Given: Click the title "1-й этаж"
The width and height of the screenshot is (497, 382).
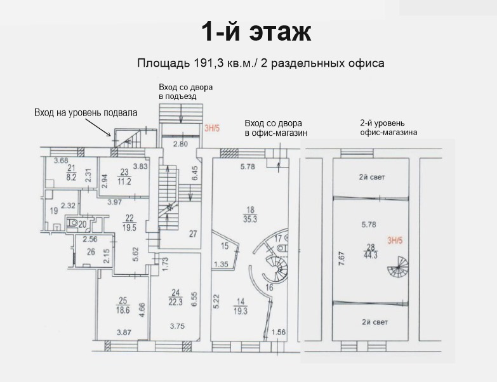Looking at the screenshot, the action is pos(256,32).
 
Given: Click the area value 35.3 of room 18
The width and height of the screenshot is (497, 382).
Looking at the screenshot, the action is pos(250,218).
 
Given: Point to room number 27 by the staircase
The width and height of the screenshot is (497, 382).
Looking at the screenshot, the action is pos(193,234).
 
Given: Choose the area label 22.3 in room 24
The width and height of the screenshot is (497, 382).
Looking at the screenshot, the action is pos(175,302).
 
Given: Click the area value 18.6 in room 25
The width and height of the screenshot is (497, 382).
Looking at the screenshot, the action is pos(123,310).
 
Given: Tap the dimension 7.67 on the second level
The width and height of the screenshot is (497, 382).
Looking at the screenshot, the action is pos(341,259).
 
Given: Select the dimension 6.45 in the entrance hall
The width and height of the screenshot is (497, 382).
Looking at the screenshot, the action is pos(195,173).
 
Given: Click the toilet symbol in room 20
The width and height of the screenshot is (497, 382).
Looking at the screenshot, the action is pos(73,222).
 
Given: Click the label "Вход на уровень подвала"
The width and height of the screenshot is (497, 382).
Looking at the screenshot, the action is pos(86,113).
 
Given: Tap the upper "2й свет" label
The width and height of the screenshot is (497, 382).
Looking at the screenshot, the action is pos(372,177).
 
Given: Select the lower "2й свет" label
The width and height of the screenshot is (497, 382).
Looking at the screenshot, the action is pos(375,322).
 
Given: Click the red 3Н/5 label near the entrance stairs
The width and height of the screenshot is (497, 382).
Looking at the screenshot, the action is pos(212,128).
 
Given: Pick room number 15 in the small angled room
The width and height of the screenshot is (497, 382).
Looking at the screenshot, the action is pos(225,246).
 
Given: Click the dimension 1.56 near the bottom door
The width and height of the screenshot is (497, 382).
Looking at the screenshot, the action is pos(279,332).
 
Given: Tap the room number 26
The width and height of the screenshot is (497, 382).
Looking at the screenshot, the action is pos(91,252).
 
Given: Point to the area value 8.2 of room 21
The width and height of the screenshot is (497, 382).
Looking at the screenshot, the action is pos(71,178).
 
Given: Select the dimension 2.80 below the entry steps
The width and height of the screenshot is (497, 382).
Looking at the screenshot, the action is pos(180,144).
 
